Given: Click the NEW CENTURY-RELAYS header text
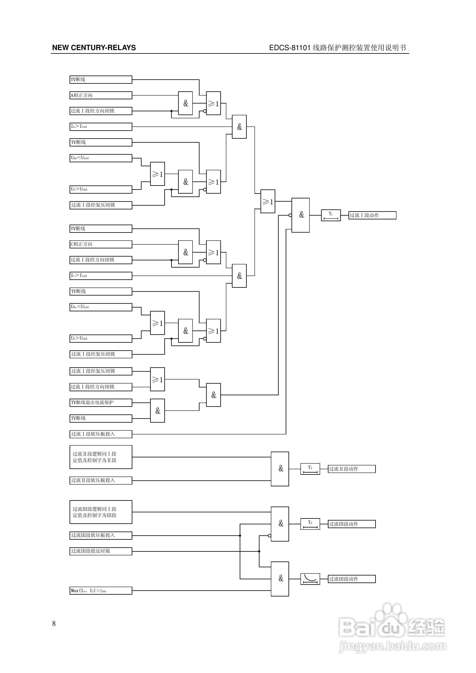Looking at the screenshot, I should tap(94, 48).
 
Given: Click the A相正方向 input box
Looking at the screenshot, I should tap(101, 95).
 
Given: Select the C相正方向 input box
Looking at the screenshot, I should tap(101, 244).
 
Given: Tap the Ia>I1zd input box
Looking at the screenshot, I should tap(101, 127).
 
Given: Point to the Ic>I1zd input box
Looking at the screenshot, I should tap(101, 276).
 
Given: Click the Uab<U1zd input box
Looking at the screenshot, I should tap(101, 158).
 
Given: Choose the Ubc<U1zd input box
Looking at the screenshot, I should tap(101, 307).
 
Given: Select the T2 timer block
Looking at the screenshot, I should tap(310, 469).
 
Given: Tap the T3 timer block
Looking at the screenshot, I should tap(310, 524).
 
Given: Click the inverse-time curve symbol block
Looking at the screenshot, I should tap(310, 579).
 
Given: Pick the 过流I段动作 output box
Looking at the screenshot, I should tap(372, 215).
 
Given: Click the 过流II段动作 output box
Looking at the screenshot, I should tap(352, 469).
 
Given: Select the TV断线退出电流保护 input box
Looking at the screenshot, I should tap(101, 403).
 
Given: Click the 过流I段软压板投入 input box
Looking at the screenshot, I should tap(101, 434).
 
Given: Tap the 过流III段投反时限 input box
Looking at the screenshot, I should tap(101, 551).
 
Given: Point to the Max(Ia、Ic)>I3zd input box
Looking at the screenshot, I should tap(101, 591).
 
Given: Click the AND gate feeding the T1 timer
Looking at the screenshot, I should tap(301, 215).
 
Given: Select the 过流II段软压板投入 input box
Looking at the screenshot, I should tap(101, 480).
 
